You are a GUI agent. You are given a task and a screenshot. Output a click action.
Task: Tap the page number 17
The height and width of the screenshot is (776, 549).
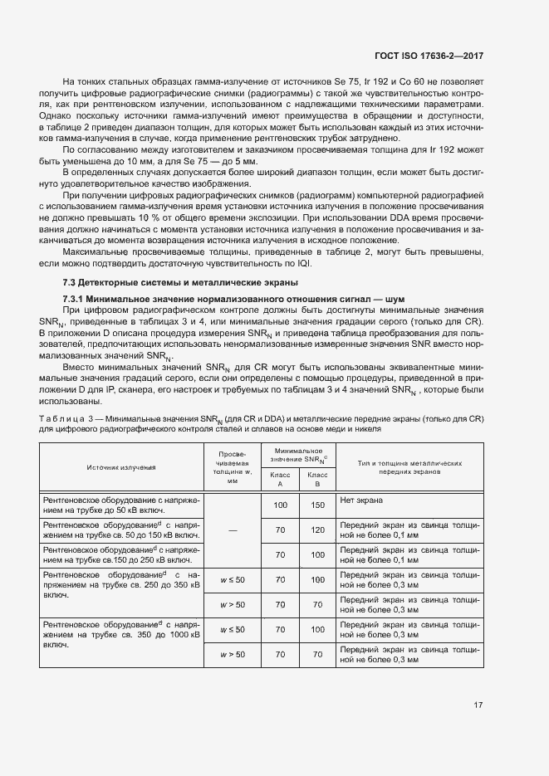[478, 705]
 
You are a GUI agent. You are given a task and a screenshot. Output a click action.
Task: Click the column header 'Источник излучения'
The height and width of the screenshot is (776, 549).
[122, 467]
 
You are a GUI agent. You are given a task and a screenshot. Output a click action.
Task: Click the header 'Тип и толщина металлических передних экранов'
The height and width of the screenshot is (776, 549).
[409, 466]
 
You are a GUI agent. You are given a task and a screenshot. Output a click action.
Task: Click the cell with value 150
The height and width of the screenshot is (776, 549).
[316, 505]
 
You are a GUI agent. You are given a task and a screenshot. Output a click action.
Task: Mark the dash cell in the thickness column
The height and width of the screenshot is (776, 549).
[233, 529]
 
